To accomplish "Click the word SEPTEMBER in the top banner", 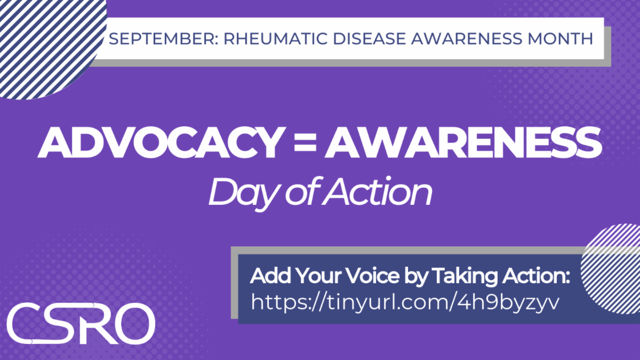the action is coord(163,39).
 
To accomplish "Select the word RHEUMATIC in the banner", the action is coord(275,39).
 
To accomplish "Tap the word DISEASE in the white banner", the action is coord(370,39).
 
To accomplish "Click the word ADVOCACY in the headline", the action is coord(162,142).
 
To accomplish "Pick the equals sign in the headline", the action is coord(305,143).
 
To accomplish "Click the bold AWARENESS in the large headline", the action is coord(463,142).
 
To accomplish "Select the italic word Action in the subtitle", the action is coord(377,191).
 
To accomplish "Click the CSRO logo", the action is coord(81,323).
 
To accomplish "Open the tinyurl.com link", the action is coord(405,302).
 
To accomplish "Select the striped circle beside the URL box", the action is coord(611,269).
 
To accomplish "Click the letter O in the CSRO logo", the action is coord(134,323).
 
